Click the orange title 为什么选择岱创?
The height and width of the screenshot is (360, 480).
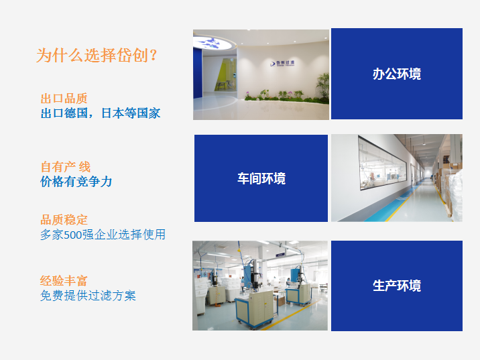pyautogui.click(x=97, y=56)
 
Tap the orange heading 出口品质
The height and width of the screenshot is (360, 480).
pyautogui.click(x=64, y=99)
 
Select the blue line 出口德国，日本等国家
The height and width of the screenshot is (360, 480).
pyautogui.click(x=101, y=113)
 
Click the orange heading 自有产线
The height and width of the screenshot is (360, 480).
pyautogui.click(x=66, y=167)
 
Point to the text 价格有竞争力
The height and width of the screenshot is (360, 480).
pyautogui.click(x=76, y=182)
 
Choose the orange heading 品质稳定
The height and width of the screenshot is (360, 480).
pyautogui.click(x=64, y=220)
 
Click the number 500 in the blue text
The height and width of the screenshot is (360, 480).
pyautogui.click(x=73, y=235)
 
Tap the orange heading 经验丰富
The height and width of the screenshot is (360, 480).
pyautogui.click(x=64, y=281)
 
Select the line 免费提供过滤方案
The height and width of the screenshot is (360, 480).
pyautogui.click(x=88, y=296)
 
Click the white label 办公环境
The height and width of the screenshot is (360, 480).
pyautogui.click(x=397, y=74)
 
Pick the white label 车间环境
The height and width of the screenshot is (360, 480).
pyautogui.click(x=261, y=178)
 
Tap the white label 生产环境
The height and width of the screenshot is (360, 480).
pyautogui.click(x=397, y=286)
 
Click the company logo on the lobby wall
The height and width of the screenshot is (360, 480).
pyautogui.click(x=282, y=64)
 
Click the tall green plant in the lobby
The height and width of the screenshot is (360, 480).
pyautogui.click(x=323, y=86)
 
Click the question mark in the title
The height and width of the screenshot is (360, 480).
pyautogui.click(x=154, y=56)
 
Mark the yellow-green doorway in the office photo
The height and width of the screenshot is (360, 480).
pyautogui.click(x=226, y=74)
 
